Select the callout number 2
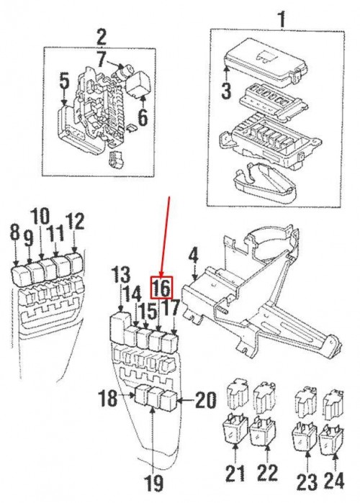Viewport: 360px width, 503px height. [101, 38]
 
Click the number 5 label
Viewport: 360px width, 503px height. [64, 82]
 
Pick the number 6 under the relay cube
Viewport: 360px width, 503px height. [143, 118]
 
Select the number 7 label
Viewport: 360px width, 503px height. [101, 59]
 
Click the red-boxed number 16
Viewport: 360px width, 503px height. [163, 288]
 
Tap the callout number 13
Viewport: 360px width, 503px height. [120, 276]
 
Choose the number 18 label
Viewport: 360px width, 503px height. [107, 398]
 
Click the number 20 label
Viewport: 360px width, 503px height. [206, 400]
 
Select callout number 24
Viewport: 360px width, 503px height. [333, 481]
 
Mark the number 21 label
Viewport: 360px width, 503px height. [235, 473]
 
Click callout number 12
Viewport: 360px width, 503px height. [75, 222]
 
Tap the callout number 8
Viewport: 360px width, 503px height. [14, 232]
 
